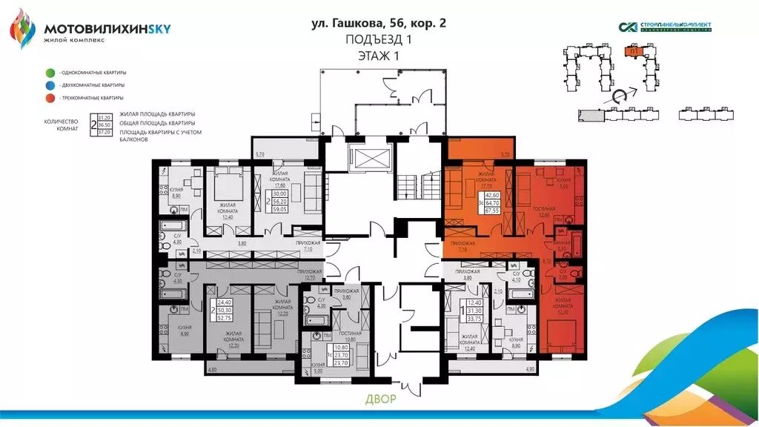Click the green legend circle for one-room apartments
tap(49, 73)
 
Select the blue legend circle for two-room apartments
tap(49, 85)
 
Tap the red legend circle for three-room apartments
tap(49, 98)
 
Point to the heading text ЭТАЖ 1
tap(379, 55)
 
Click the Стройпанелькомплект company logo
tap(665, 27)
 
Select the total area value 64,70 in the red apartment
tap(491, 202)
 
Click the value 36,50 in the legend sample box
tap(105, 125)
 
